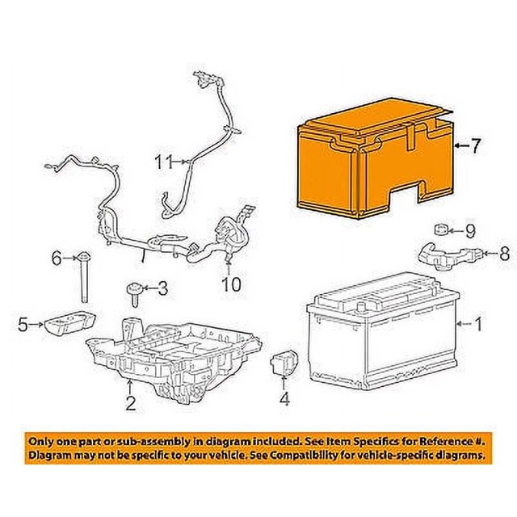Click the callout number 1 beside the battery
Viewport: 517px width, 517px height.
(x=477, y=326)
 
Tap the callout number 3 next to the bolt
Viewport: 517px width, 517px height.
(x=162, y=288)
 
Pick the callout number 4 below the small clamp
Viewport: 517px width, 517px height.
(x=284, y=398)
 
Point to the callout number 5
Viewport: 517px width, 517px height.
(x=23, y=326)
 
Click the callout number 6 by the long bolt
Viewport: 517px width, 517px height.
(x=57, y=258)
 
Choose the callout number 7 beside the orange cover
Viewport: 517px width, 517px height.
(x=476, y=146)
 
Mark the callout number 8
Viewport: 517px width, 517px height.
(x=504, y=254)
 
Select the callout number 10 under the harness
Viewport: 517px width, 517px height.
(x=231, y=284)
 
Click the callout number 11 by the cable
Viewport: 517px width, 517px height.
(x=164, y=162)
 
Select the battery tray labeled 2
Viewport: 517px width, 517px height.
(x=174, y=355)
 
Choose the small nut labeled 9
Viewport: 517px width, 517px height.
(x=442, y=229)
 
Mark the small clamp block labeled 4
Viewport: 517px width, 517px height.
(x=284, y=363)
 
